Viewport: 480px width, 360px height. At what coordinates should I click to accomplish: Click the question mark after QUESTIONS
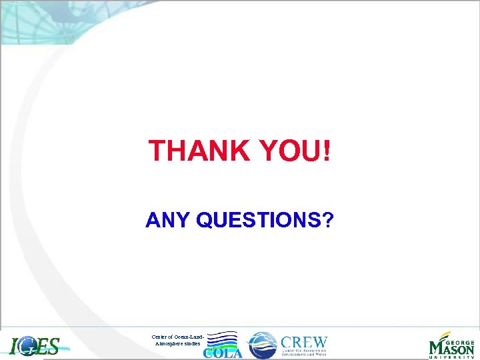pyautogui.click(x=327, y=220)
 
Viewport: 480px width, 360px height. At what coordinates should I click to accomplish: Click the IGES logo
pyautogui.click(x=35, y=346)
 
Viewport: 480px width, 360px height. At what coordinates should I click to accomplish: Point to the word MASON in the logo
pyautogui.click(x=451, y=347)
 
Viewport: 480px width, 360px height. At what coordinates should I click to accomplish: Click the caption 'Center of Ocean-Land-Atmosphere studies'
pyautogui.click(x=177, y=339)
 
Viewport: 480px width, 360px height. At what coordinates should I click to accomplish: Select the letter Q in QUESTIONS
pyautogui.click(x=206, y=220)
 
